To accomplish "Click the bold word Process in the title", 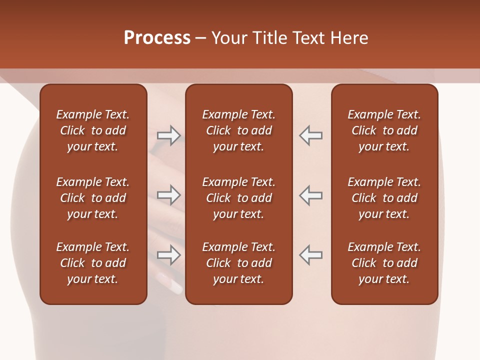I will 157,38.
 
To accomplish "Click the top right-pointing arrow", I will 168,135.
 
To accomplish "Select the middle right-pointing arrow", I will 168,194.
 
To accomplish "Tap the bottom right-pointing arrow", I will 168,254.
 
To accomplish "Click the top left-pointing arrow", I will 310,135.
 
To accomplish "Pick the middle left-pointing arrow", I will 310,194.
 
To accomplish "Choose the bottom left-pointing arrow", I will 310,254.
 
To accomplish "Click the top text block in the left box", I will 93,130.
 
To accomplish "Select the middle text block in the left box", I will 93,198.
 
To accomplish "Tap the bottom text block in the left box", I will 93,263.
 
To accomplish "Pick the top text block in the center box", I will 238,130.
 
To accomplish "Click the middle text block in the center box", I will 238,198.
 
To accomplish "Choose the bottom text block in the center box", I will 238,263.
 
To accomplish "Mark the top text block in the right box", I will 384,130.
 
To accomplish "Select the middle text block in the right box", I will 384,198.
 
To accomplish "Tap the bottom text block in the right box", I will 384,263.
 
